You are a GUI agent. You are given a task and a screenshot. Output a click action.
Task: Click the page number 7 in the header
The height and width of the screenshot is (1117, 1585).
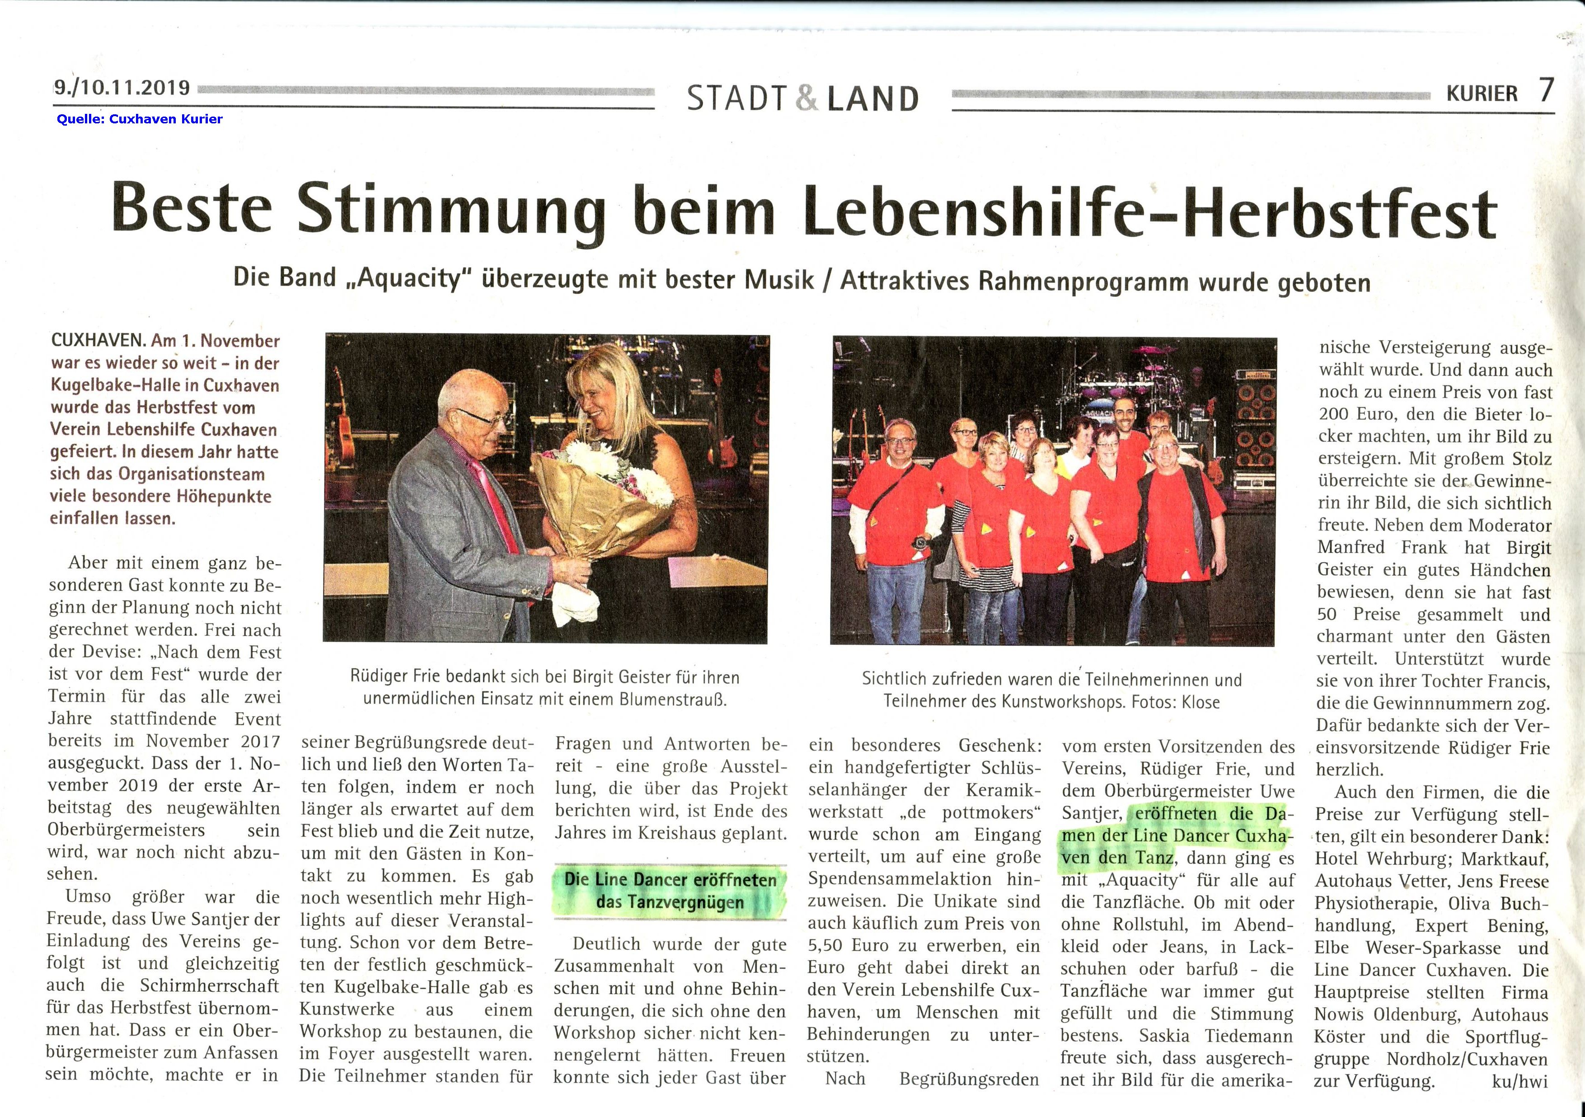click(1546, 90)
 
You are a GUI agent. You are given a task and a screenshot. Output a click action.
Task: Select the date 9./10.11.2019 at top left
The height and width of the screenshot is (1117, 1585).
click(122, 88)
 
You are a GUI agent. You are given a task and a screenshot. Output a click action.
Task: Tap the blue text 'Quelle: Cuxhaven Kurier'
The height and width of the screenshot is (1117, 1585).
click(140, 119)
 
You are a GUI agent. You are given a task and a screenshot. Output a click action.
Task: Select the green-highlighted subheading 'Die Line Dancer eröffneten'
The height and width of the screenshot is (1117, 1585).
click(671, 879)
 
